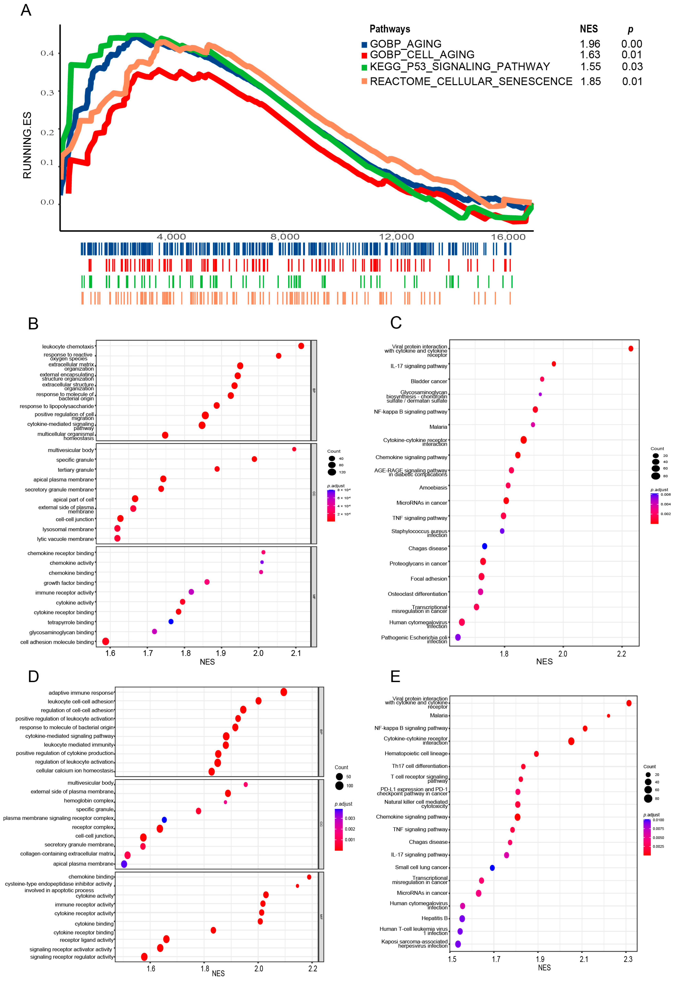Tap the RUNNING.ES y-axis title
(27, 145)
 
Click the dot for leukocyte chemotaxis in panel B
(301, 346)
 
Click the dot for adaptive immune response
(283, 692)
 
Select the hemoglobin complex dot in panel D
(225, 802)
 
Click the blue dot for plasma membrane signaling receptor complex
(164, 820)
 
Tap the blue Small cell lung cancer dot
(492, 867)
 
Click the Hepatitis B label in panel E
(434, 918)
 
